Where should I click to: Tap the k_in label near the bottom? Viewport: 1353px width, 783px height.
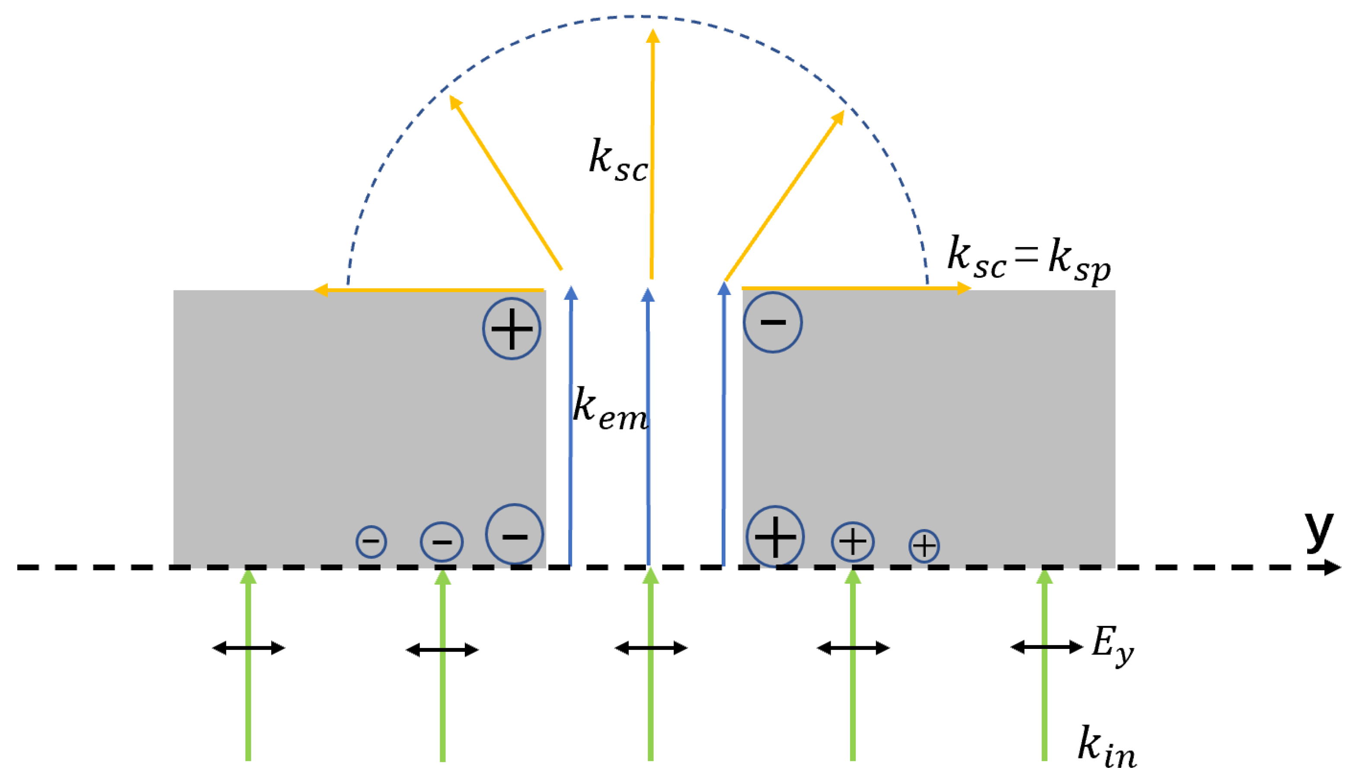pos(1107,748)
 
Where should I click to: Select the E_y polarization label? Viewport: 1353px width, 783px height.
pos(1113,645)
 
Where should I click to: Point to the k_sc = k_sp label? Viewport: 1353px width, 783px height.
pos(1028,258)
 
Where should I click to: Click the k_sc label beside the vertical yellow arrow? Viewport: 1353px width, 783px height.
pos(618,161)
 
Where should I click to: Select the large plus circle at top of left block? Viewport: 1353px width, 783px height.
pos(511,329)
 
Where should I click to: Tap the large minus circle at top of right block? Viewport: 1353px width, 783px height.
pos(773,322)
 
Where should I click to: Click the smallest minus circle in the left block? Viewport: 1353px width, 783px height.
pos(371,541)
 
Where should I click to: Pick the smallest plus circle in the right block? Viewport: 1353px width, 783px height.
pos(924,546)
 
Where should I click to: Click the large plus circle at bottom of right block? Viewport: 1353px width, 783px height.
pos(775,536)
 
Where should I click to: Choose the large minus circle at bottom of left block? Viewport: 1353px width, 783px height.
pos(515,534)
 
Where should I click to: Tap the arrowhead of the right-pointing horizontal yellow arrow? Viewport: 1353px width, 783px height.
pos(965,289)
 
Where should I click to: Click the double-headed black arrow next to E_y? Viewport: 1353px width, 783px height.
pos(1046,647)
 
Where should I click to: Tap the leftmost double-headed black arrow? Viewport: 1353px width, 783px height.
pos(249,648)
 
